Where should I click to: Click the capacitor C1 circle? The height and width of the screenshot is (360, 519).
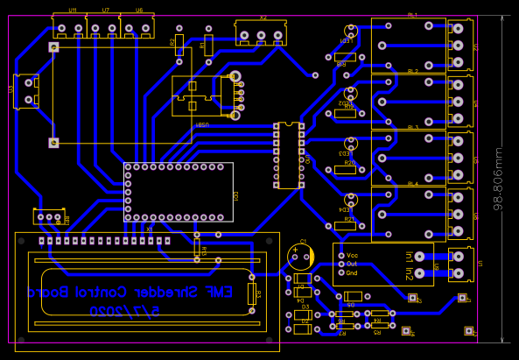[300, 257]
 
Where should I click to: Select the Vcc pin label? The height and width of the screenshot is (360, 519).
[353, 254]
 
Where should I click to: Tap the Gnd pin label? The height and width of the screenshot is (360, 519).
[353, 272]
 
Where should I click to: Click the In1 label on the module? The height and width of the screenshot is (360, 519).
[410, 257]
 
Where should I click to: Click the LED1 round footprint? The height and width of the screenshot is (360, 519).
[351, 33]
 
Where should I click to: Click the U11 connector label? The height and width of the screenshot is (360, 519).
[72, 10]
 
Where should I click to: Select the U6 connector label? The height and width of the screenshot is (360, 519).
[139, 10]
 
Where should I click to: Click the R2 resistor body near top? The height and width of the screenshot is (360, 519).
[179, 42]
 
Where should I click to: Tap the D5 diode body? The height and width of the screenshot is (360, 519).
[354, 295]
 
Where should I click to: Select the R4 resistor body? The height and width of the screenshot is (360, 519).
[379, 313]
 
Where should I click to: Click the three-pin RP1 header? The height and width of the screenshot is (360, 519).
[51, 217]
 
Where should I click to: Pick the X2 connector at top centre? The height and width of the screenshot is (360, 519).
[262, 35]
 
